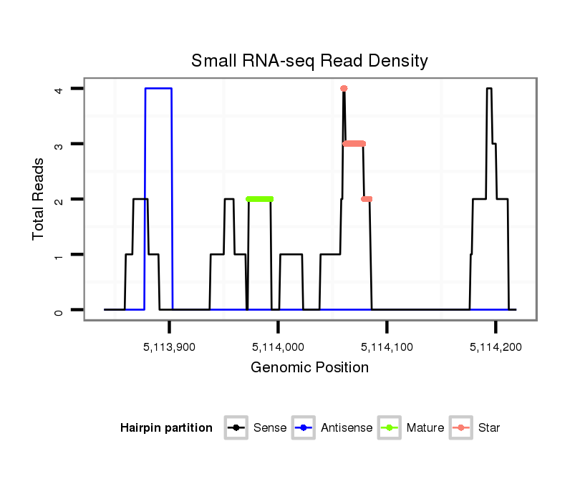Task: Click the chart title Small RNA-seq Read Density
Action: [x=309, y=61]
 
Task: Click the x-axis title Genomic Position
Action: [x=309, y=368]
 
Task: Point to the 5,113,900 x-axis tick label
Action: [x=170, y=347]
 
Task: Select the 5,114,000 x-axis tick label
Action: [x=279, y=347]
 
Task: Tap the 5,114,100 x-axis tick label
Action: [x=387, y=347]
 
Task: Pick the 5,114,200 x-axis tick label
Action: [x=496, y=347]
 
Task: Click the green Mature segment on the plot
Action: [x=259, y=199]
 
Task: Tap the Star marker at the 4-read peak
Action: [x=344, y=89]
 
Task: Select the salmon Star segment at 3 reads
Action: [x=354, y=144]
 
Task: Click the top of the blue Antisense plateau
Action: [x=158, y=89]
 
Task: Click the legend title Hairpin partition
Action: [x=166, y=428]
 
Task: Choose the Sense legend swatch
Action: [x=236, y=428]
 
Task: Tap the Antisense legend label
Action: [x=347, y=428]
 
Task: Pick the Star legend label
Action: [x=489, y=428]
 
